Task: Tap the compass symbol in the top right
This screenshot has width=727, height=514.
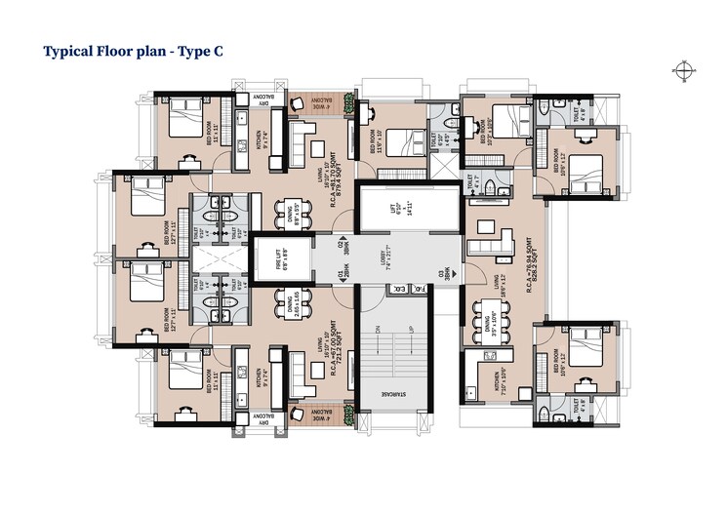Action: (x=681, y=68)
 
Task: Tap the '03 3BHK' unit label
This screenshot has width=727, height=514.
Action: (x=446, y=273)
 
